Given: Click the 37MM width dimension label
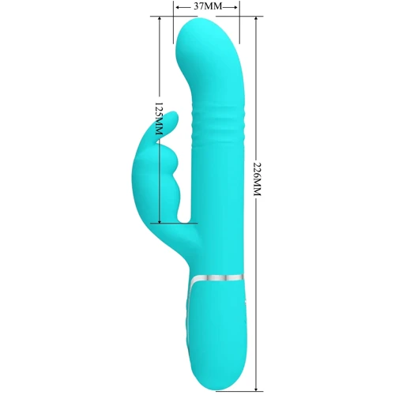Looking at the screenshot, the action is tap(208, 6).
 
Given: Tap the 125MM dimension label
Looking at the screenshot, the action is tap(159, 118).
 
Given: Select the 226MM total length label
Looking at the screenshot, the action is tap(257, 179).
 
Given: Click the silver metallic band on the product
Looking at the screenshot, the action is tap(216, 278).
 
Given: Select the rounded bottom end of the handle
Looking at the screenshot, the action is tap(220, 383).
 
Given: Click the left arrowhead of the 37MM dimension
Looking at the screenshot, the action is tap(178, 7).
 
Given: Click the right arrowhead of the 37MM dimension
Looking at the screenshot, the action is tap(235, 7).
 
